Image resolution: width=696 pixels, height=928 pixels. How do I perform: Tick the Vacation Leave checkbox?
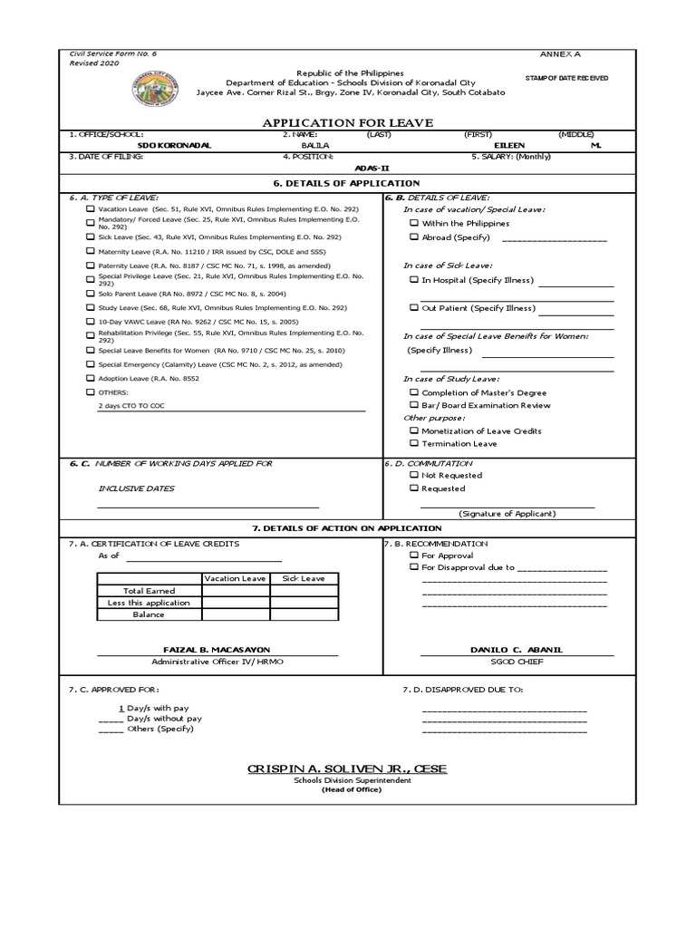coord(90,208)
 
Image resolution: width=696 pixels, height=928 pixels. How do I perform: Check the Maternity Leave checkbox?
coord(90,250)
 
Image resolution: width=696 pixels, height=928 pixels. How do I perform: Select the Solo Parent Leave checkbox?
coord(90,294)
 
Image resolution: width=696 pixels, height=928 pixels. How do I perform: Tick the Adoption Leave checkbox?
coord(90,378)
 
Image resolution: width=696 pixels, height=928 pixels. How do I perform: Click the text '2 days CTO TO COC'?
coord(132,407)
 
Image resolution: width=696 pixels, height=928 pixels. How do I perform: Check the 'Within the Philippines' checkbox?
coord(413,223)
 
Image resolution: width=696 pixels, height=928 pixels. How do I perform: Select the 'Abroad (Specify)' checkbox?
coord(413,237)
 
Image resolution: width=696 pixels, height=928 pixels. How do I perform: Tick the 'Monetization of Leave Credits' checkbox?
coord(413,431)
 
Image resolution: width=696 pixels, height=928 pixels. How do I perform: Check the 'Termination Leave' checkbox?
coord(413,444)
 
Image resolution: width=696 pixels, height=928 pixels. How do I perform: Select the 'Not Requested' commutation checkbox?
coord(413,475)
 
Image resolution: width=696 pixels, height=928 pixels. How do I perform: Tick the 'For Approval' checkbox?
coord(413,555)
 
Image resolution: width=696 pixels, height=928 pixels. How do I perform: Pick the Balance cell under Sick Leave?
coord(304,614)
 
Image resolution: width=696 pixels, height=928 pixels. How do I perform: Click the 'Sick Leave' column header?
coord(304,578)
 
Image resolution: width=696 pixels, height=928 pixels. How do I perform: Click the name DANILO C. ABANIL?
coord(513,651)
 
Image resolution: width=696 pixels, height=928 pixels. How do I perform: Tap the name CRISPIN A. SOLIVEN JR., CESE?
coord(347,769)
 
